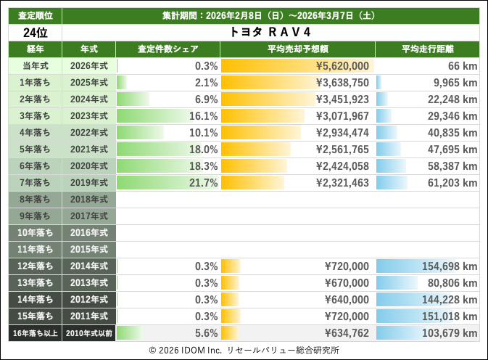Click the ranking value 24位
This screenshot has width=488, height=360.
pyautogui.click(x=34, y=33)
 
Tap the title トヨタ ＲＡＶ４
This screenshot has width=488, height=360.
pyautogui.click(x=270, y=33)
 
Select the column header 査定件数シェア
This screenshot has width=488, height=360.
pyautogui.click(x=168, y=49)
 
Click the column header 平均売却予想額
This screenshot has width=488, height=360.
pyautogui.click(x=297, y=49)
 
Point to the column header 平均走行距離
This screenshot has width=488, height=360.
pyautogui.click(x=427, y=49)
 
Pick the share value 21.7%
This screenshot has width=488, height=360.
pyautogui.click(x=203, y=183)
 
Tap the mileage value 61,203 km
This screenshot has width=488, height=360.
pyautogui.click(x=450, y=183)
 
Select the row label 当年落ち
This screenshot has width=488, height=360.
pyautogui.click(x=34, y=66)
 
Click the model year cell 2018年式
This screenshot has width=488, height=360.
pyautogui.click(x=88, y=200)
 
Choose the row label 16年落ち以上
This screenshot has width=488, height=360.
pyautogui.click(x=34, y=333)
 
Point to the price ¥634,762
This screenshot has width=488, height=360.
pyautogui.click(x=343, y=333)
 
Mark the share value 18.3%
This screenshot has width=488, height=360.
pyautogui.click(x=203, y=166)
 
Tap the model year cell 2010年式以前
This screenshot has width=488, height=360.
pyautogui.click(x=88, y=333)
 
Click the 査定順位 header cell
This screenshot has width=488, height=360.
pyautogui.click(x=34, y=14)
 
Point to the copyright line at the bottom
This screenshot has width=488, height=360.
pyautogui.click(x=244, y=350)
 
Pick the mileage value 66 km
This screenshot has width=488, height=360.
pyautogui.click(x=461, y=66)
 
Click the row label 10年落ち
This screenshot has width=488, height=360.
pyautogui.click(x=34, y=233)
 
